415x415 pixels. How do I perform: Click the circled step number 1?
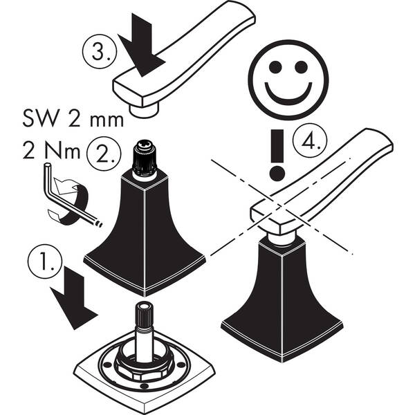[x=45, y=261]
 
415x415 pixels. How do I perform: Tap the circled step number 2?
[x=104, y=154]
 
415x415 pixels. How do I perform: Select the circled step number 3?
[x=100, y=51]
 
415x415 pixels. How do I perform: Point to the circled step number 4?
[x=310, y=140]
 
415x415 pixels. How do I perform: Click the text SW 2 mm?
[x=73, y=120]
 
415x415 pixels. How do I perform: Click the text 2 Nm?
[x=51, y=151]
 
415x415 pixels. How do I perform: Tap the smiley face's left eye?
[x=275, y=67]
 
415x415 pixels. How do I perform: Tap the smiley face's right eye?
[x=301, y=67]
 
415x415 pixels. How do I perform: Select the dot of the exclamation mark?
[x=277, y=174]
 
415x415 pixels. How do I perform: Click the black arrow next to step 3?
[x=142, y=48]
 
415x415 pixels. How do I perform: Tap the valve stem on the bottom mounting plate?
[x=145, y=333]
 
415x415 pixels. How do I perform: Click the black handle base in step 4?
[x=282, y=299]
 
